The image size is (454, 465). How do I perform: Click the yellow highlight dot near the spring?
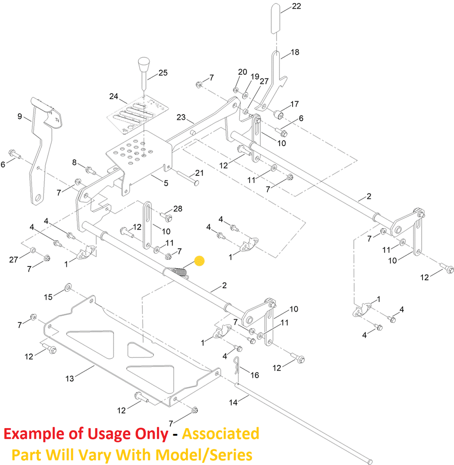(200, 261)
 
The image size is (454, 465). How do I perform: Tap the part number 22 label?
(297, 6)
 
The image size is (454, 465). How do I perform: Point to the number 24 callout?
(114, 96)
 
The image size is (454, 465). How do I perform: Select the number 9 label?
(20, 116)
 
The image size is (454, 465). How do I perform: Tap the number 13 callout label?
(70, 378)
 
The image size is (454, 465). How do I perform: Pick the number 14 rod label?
(234, 402)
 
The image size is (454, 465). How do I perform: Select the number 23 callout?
(181, 117)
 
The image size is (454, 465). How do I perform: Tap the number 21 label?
(200, 173)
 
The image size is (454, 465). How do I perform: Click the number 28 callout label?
(178, 209)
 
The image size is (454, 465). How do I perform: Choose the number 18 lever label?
(295, 52)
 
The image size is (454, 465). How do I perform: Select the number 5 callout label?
(166, 183)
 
